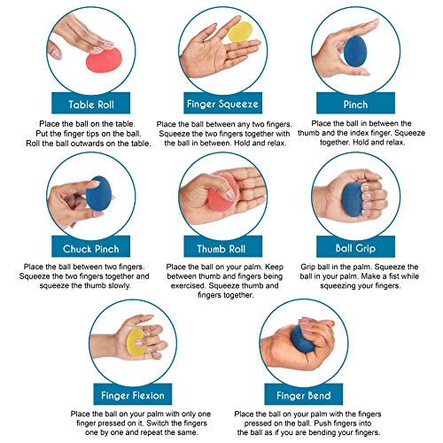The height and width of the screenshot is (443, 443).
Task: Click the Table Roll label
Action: (91, 103)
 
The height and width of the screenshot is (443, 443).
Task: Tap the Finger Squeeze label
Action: (222, 103)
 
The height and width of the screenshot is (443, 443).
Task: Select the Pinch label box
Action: (355, 103)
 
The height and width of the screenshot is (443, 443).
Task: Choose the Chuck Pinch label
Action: (91, 246)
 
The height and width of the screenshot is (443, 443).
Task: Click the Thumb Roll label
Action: (222, 246)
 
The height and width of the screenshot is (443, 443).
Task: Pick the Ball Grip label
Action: (355, 246)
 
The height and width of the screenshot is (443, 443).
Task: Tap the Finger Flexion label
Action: (133, 394)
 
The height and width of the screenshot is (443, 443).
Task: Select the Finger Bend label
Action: (303, 394)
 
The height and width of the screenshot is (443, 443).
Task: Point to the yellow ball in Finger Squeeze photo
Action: (239, 32)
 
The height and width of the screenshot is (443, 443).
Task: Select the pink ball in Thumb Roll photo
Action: (222, 192)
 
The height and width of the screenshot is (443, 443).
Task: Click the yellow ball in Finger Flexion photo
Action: (136, 343)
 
